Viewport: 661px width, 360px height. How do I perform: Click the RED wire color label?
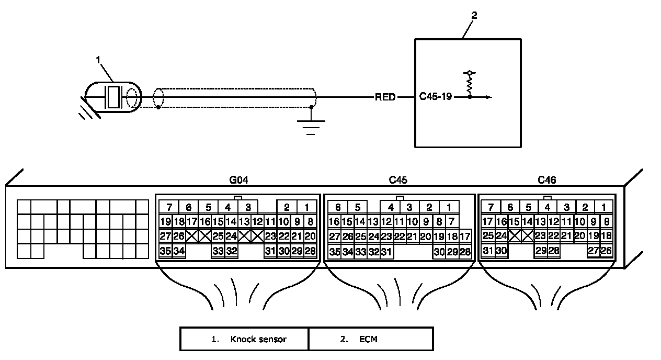pos(385,97)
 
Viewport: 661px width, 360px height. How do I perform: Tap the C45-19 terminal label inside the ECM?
pos(436,97)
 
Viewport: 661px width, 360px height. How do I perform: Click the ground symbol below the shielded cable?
pos(311,127)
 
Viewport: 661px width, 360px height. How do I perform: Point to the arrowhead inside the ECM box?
pos(489,97)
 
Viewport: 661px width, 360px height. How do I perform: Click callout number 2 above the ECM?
pos(474,15)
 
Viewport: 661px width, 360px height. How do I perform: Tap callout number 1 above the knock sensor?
pos(98,60)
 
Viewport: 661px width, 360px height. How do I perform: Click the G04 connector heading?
pos(239,180)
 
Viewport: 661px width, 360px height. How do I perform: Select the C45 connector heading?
pos(398,180)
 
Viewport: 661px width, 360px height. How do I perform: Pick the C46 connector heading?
pos(547,180)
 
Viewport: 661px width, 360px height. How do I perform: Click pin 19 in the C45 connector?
pos(439,237)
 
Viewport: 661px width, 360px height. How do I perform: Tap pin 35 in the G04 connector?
pos(165,251)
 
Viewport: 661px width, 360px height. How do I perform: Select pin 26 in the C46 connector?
pos(606,251)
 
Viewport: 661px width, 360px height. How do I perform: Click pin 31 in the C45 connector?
pos(386,252)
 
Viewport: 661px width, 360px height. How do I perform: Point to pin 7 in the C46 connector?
pos(491,207)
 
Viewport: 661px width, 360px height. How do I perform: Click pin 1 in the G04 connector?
pos(307,208)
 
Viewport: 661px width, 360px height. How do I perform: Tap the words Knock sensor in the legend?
pos(258,339)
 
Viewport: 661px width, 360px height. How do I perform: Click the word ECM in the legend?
pos(368,339)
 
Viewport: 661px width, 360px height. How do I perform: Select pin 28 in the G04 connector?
pos(310,251)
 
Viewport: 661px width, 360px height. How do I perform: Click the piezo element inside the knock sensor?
pos(113,97)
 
